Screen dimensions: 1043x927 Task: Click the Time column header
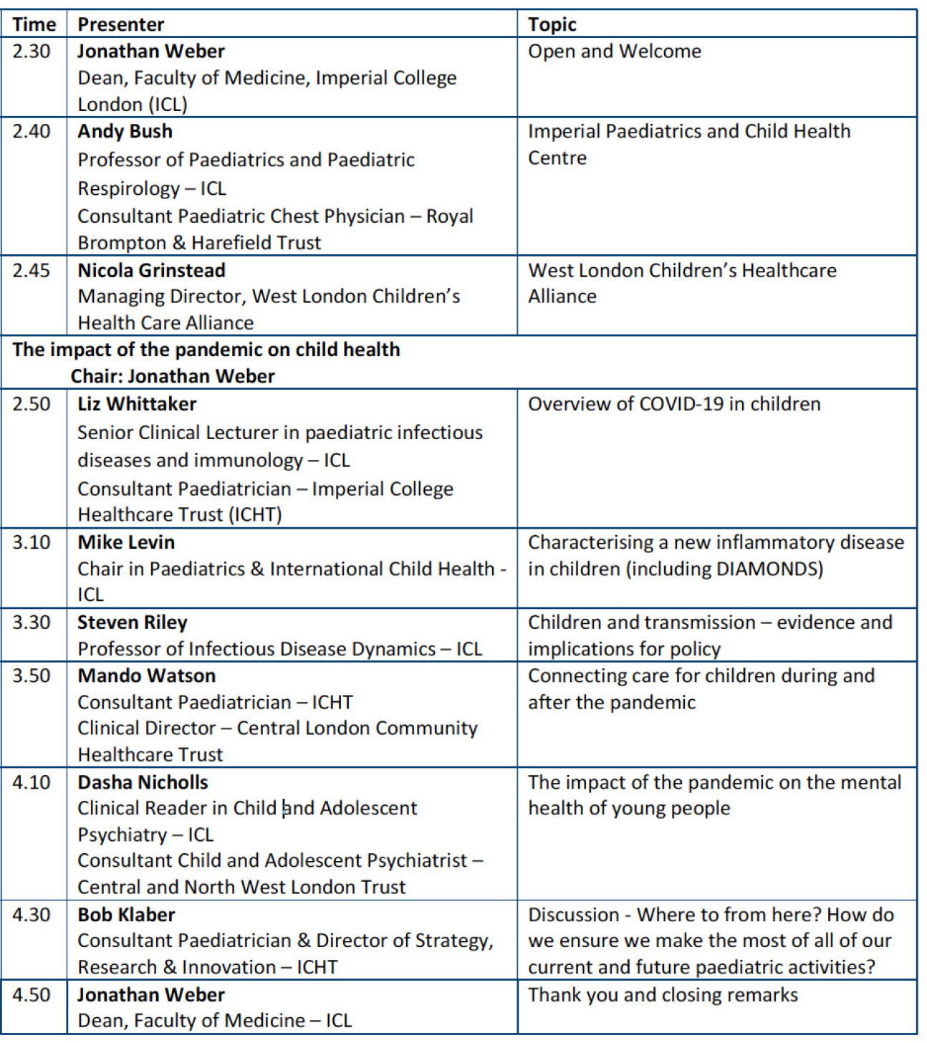pos(34,24)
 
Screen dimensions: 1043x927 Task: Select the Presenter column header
pos(120,24)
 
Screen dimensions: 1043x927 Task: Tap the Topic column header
pos(552,24)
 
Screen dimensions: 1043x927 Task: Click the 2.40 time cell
pos(32,132)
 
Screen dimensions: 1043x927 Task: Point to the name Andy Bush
pos(125,132)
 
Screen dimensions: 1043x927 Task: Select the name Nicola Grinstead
pos(151,270)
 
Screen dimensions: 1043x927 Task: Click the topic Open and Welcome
pos(614,52)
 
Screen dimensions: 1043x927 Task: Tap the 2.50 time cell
pos(32,404)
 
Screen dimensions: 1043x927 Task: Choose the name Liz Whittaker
pos(137,404)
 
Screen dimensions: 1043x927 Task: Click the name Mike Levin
pos(126,542)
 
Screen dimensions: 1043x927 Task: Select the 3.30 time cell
pos(32,623)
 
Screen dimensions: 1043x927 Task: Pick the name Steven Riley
pos(132,623)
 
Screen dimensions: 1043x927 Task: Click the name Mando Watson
pos(146,676)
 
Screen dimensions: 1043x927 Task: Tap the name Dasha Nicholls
pos(143,782)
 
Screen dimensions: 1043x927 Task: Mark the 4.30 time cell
pos(32,915)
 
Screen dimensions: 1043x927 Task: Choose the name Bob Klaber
pos(126,915)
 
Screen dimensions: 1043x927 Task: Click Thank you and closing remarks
pos(663,995)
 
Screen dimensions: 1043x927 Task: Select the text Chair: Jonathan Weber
pos(172,376)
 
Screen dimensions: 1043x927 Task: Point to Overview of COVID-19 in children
pos(673,404)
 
